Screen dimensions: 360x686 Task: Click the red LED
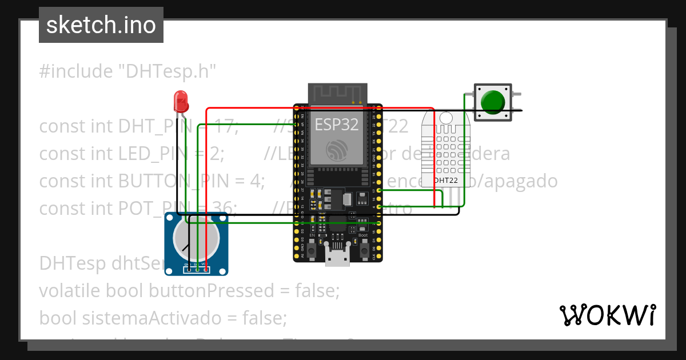tap(181, 102)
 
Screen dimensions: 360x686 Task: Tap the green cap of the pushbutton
tap(492, 102)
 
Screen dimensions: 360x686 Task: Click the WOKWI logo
tap(607, 315)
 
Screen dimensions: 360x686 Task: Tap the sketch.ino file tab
tap(101, 25)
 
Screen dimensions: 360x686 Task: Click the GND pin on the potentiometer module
tap(188, 269)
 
